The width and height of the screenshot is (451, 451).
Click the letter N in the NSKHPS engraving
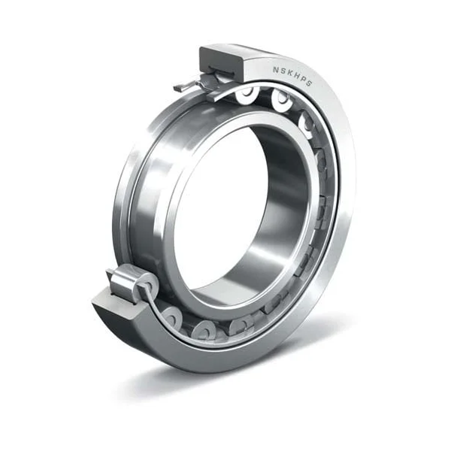(x=274, y=67)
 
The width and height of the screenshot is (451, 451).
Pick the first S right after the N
(x=282, y=69)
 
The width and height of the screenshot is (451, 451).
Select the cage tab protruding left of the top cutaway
(x=185, y=86)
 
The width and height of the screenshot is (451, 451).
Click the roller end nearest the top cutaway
(x=247, y=93)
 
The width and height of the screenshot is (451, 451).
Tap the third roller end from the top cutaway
(x=307, y=120)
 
